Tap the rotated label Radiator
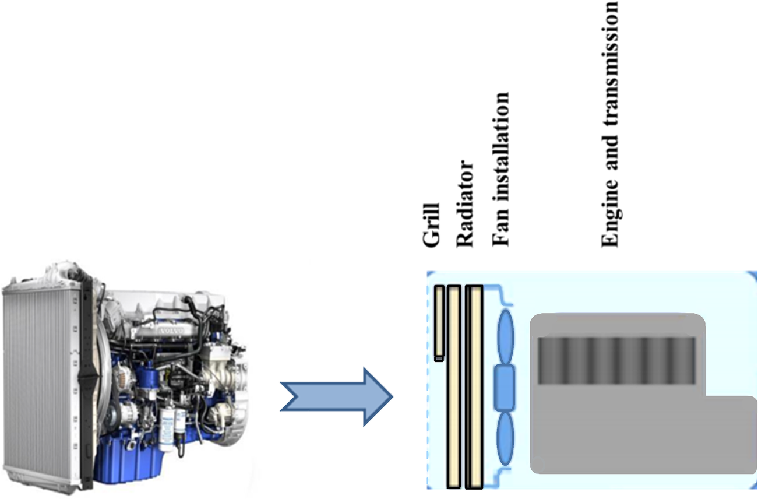[466, 202]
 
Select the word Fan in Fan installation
[501, 229]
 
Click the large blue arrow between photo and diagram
[337, 396]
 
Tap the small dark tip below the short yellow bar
[439, 358]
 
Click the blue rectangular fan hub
[505, 388]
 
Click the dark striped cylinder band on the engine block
[616, 360]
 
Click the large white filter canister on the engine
[168, 428]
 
